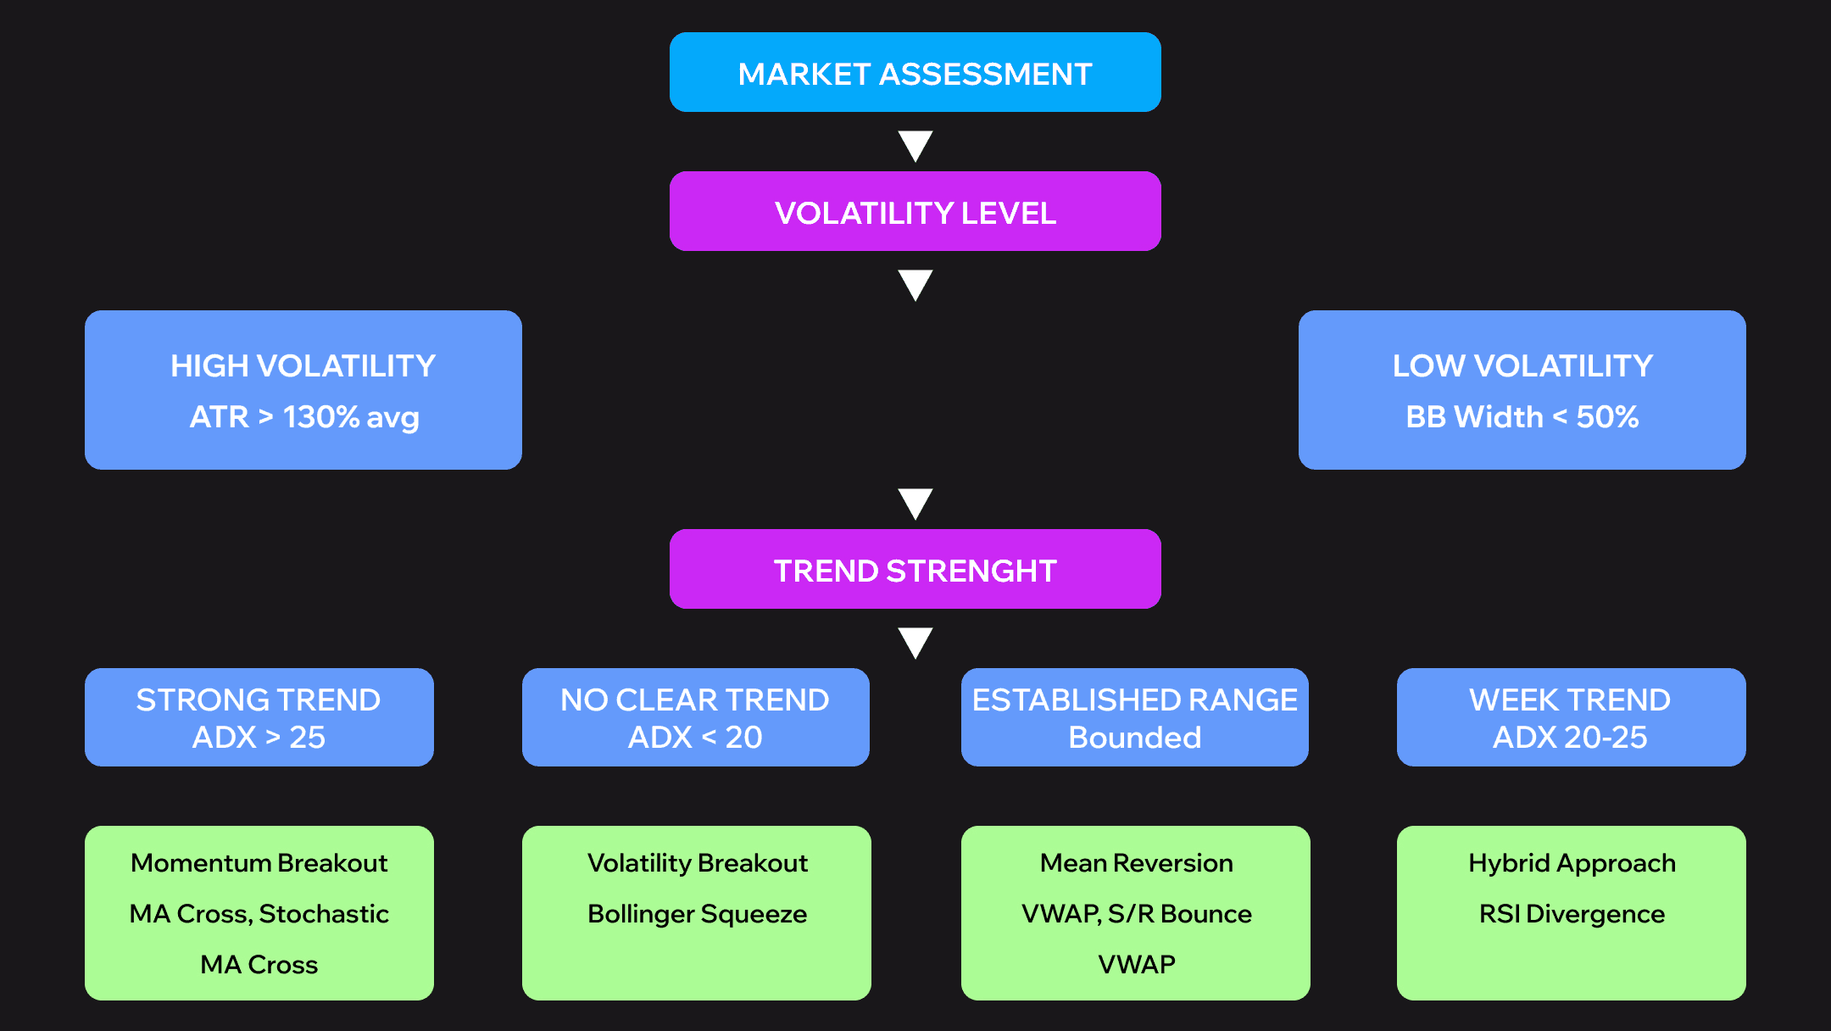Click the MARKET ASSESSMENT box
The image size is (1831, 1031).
tap(915, 73)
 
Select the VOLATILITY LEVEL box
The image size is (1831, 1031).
tap(915, 212)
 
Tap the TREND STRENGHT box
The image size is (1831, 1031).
tap(915, 570)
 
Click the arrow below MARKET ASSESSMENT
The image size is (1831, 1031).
tap(915, 145)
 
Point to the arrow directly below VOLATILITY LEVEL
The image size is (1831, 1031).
tap(915, 284)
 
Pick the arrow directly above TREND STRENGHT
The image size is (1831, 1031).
tap(915, 503)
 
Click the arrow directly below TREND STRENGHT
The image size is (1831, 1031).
tap(915, 642)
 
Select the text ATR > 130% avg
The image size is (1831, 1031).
tap(304, 417)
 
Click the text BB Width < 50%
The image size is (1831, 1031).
tap(1522, 417)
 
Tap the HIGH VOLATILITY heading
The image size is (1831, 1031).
tap(303, 366)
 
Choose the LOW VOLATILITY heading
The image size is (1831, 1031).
tap(1522, 366)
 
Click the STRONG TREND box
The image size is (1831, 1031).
tap(259, 717)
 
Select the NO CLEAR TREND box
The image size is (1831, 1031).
tap(695, 717)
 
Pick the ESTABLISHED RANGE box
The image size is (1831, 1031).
tap(1134, 717)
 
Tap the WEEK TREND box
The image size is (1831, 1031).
tap(1571, 717)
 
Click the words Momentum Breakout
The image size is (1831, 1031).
tap(259, 863)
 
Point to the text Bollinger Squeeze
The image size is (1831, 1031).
tap(697, 914)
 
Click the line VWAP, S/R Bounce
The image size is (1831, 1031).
tap(1136, 914)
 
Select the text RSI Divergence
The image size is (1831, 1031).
tap(1572, 914)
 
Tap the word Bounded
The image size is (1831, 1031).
tap(1134, 738)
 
